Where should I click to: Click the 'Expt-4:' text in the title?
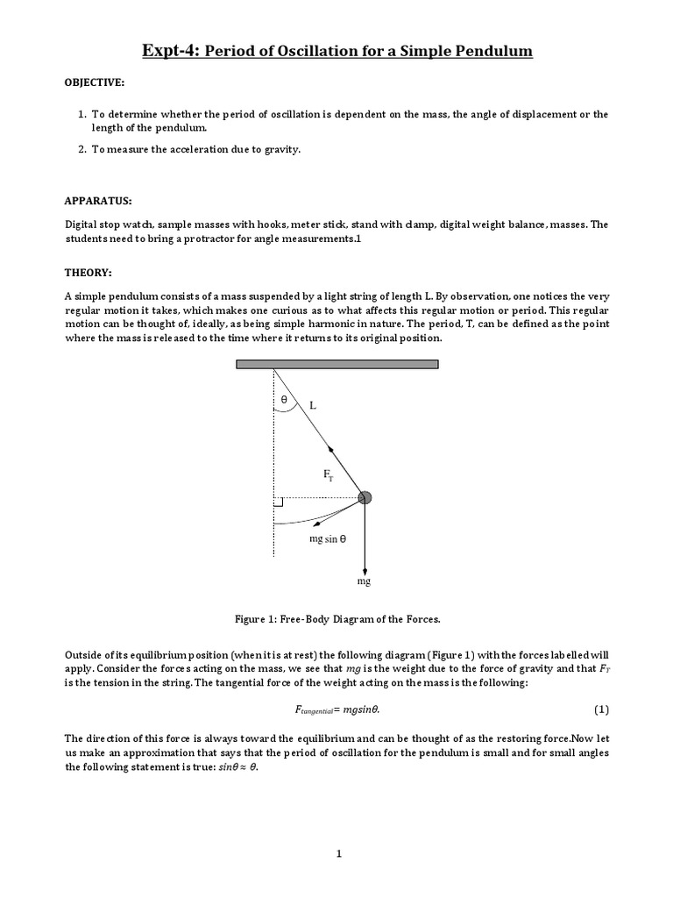click(x=171, y=52)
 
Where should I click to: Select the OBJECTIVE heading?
click(x=94, y=82)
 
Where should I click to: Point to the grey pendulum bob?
click(x=365, y=497)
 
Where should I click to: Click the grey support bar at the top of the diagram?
click(x=336, y=364)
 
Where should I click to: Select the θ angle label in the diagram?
click(x=283, y=399)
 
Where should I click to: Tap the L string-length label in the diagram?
click(x=313, y=405)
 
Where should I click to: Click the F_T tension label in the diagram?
click(x=329, y=474)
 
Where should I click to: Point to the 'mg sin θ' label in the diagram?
click(x=328, y=538)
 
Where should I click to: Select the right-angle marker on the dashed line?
click(x=278, y=502)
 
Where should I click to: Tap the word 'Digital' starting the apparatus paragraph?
click(x=83, y=224)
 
